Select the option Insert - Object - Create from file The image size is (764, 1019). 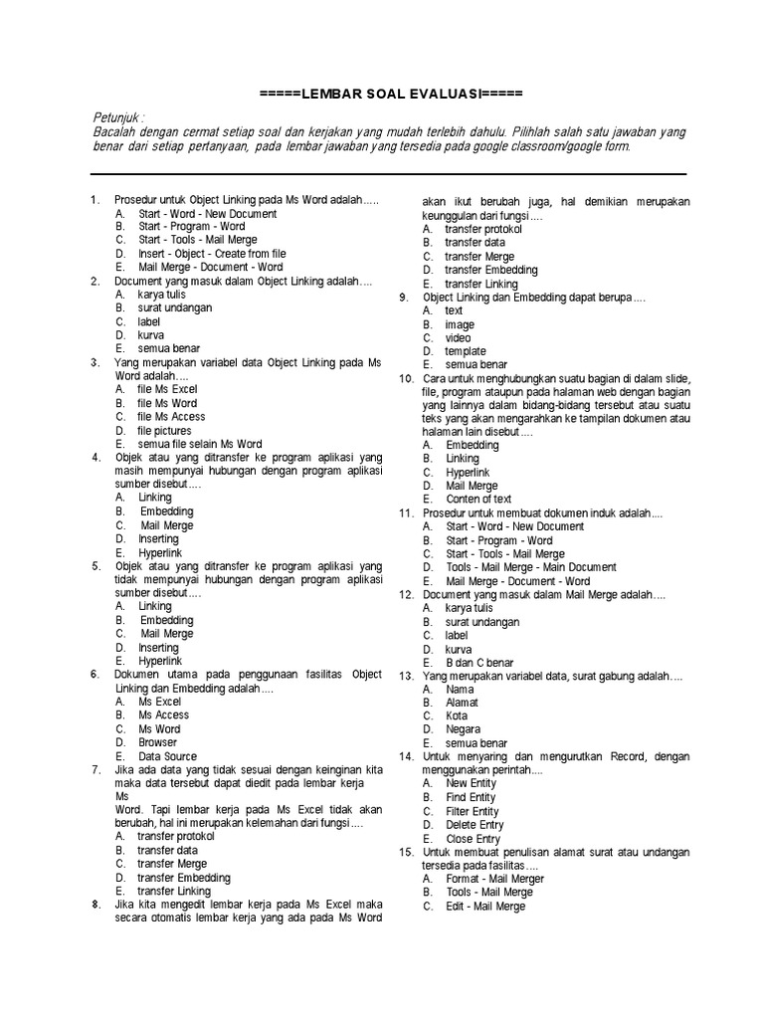click(x=212, y=254)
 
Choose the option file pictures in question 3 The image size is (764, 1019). click(x=165, y=431)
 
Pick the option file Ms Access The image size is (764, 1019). click(x=171, y=417)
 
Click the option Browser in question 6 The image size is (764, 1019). click(x=157, y=742)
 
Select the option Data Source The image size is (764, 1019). click(x=167, y=756)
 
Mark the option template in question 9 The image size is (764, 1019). click(x=466, y=351)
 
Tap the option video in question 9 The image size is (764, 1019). click(x=459, y=337)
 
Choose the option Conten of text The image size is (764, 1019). click(x=478, y=499)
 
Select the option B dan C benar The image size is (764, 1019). click(x=479, y=662)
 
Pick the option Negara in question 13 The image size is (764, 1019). click(x=462, y=729)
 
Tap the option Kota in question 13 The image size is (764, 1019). click(x=456, y=715)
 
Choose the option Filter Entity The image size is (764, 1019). click(x=473, y=811)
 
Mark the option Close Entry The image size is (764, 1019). click(x=474, y=839)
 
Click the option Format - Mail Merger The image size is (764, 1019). click(x=494, y=879)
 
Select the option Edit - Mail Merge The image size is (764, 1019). click(x=484, y=907)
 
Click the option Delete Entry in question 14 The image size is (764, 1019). click(x=475, y=825)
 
